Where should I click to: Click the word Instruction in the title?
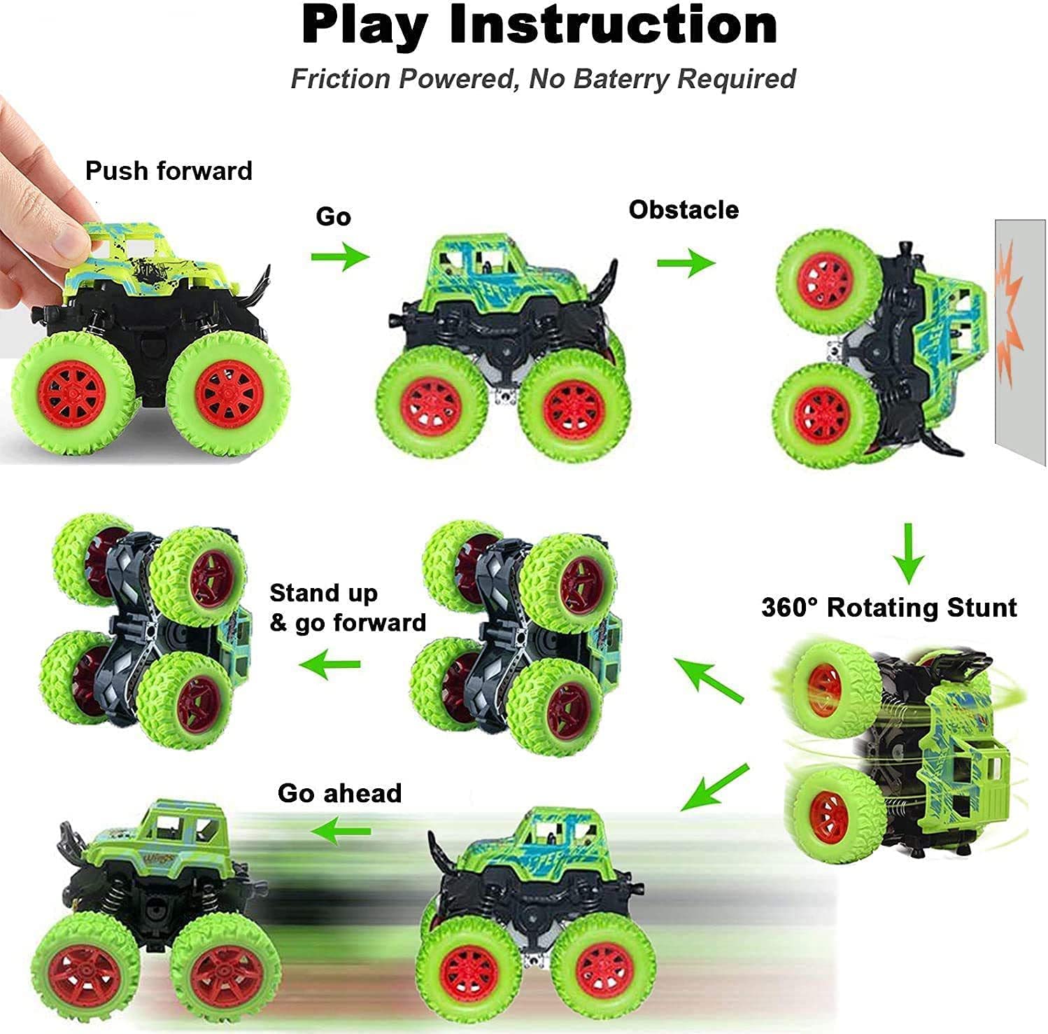point(614,25)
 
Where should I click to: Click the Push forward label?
point(169,171)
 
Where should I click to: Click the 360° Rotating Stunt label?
point(888,607)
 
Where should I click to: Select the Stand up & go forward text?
point(348,608)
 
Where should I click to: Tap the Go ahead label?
point(339,793)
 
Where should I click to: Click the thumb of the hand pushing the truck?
point(66,231)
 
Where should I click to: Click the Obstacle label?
point(684,209)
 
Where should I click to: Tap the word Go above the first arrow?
point(333,216)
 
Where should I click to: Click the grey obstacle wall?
point(1021,392)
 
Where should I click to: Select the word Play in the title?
point(364,25)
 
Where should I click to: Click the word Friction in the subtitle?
point(341,78)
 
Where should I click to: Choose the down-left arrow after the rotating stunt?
point(714,788)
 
